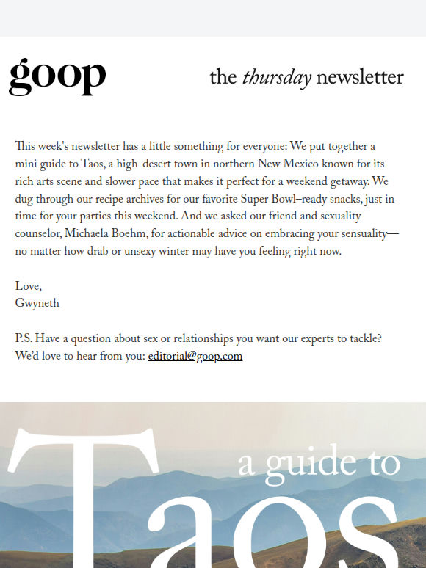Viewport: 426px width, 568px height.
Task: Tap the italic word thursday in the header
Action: [277, 77]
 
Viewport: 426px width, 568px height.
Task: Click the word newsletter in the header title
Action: [360, 77]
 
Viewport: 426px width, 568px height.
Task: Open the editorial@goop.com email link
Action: [195, 357]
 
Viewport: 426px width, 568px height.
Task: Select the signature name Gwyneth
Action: [36, 303]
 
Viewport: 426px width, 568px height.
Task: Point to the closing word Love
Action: [29, 286]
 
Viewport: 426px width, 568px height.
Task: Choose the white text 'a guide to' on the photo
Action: [319, 462]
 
